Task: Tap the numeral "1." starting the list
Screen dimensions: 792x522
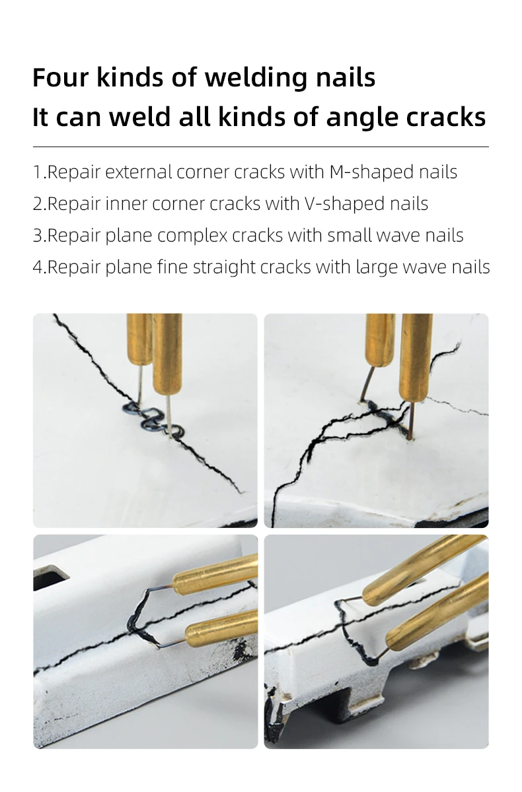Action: tap(40, 172)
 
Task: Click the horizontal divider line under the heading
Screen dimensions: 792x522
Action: tap(261, 147)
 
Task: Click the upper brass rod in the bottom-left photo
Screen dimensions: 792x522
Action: tap(215, 572)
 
